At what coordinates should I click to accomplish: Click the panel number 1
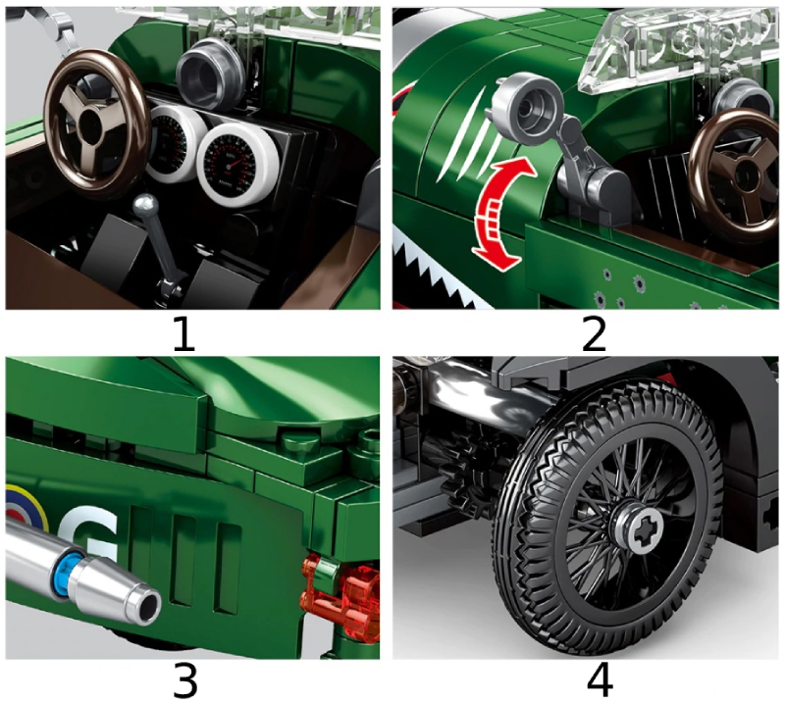pos(183,334)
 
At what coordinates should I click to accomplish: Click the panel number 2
pos(593,334)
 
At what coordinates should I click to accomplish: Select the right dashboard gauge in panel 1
pos(235,157)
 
